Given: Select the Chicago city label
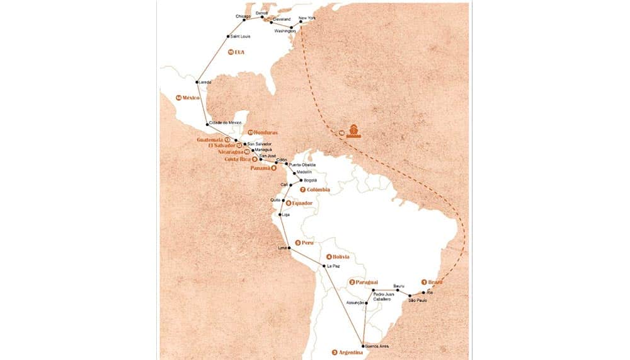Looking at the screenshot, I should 243,16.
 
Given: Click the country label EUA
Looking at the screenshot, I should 239,52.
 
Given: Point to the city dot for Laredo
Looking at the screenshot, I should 197,82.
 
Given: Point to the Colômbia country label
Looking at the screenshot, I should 318,190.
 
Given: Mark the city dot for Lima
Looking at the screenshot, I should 290,248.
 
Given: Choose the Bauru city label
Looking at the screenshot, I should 398,286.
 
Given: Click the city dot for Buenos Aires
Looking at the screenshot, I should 364,346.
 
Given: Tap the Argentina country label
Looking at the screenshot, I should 351,352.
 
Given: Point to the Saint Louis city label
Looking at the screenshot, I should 240,37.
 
